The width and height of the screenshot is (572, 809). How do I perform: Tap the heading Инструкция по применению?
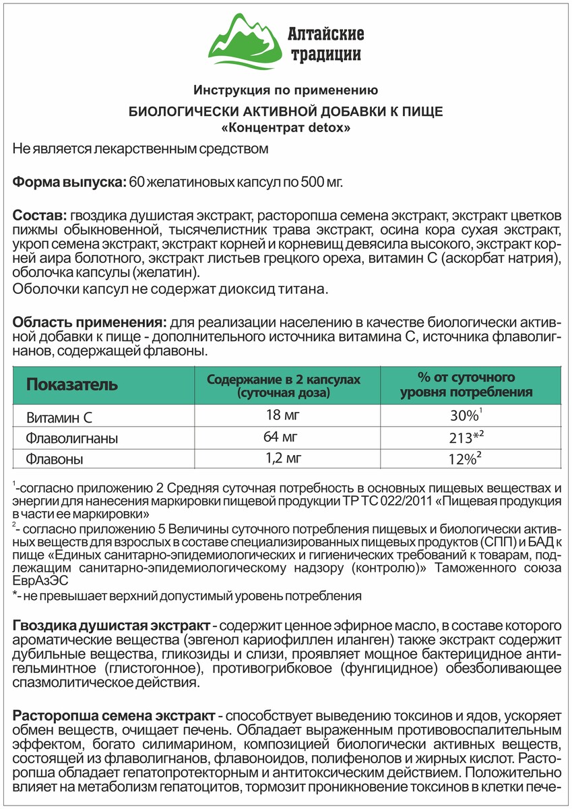286,90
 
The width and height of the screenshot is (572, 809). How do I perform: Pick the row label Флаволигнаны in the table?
72,438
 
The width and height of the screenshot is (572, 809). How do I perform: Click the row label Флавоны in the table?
53,460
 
